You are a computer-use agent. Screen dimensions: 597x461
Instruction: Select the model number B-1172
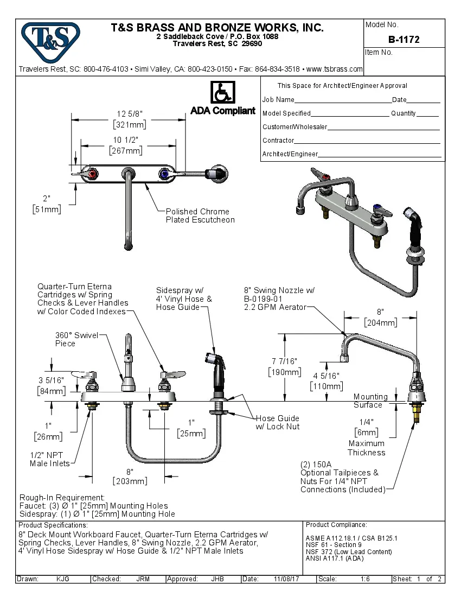(x=404, y=40)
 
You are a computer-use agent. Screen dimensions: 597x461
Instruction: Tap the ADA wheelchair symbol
(x=222, y=92)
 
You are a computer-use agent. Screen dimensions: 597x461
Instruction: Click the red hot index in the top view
(x=93, y=174)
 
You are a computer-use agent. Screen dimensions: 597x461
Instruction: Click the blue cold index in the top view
(x=163, y=174)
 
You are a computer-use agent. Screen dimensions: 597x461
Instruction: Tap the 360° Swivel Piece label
(x=76, y=339)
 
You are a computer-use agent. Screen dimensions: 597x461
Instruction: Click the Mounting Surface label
(x=370, y=401)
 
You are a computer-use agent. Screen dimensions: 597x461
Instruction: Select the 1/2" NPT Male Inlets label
(x=50, y=459)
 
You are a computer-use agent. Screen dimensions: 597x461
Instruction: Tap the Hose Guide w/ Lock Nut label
(x=278, y=422)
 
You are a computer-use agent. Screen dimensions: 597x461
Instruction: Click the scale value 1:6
(x=365, y=579)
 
